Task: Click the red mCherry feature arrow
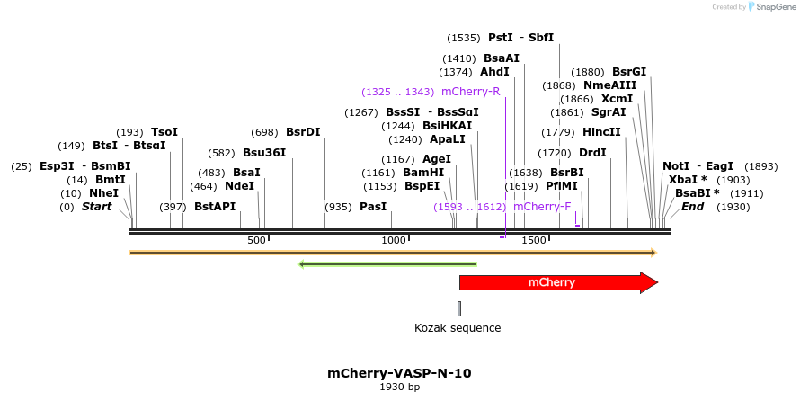tap(557, 283)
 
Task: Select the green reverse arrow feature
tap(387, 264)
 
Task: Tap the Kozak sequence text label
tap(458, 328)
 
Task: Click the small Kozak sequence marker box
tap(459, 308)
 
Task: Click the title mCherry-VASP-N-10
tap(399, 373)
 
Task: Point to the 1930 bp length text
tap(399, 388)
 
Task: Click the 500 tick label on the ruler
tap(256, 241)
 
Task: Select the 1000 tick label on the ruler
tap(394, 241)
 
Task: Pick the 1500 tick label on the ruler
tap(534, 241)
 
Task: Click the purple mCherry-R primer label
tap(471, 92)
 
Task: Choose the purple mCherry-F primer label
tap(542, 207)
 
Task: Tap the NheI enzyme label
tap(103, 193)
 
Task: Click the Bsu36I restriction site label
tap(264, 153)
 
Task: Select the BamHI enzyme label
tap(423, 173)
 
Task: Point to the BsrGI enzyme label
tap(629, 72)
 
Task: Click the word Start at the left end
tap(97, 207)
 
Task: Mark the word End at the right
tap(692, 207)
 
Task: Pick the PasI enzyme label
tap(373, 207)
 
